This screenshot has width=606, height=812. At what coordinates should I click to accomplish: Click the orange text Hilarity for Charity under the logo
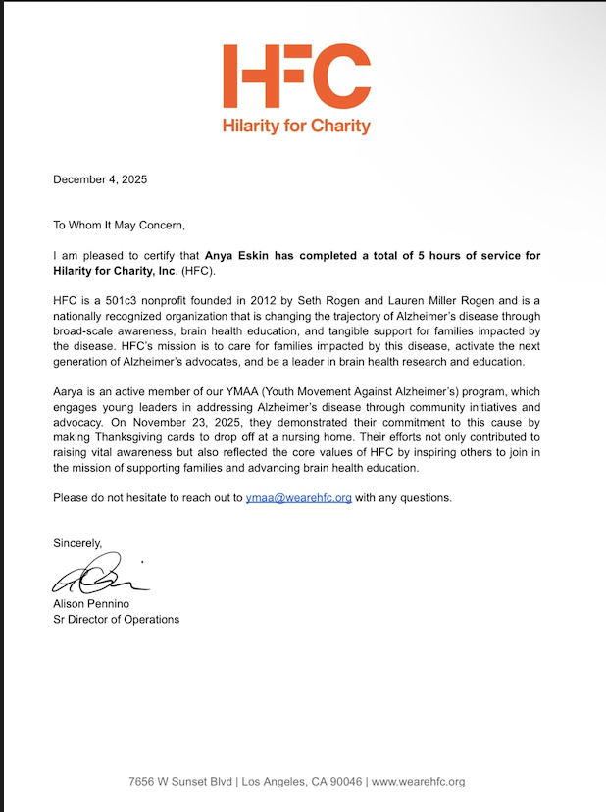pos(296,126)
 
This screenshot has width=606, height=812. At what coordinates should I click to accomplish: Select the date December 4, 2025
pos(100,179)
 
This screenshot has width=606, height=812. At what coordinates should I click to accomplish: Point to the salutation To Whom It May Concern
pos(119,225)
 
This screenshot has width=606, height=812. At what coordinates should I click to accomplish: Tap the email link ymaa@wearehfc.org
pos(298,498)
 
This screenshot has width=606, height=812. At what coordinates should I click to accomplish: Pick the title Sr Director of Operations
pos(116,619)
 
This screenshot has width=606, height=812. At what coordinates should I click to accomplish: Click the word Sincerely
pos(77,542)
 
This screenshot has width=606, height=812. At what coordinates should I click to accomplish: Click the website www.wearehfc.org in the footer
pos(418,782)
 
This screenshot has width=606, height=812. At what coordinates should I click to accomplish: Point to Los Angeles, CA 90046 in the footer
pos(301,782)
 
